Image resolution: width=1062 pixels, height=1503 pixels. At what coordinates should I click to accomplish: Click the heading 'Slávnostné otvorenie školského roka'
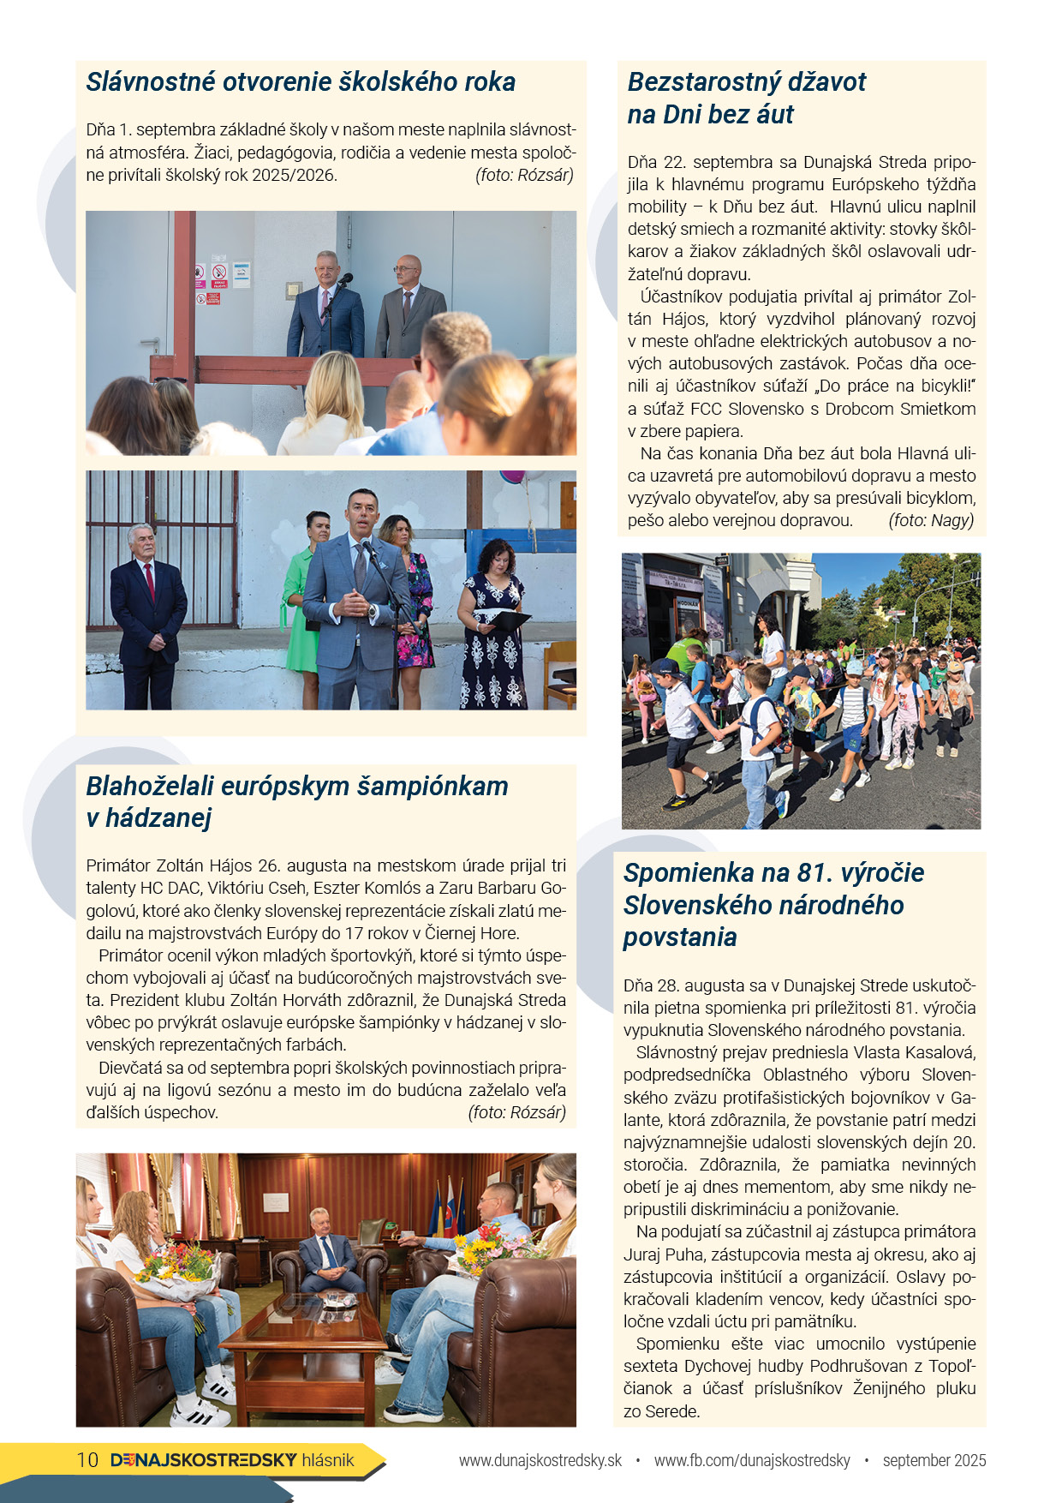(301, 82)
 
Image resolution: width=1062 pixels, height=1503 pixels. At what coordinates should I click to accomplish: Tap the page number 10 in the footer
(87, 1460)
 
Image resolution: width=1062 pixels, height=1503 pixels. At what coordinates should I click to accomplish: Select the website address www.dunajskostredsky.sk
(540, 1460)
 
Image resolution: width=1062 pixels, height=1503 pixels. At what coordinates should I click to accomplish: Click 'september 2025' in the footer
(934, 1460)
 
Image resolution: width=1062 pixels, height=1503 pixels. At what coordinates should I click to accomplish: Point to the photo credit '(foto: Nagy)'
(931, 520)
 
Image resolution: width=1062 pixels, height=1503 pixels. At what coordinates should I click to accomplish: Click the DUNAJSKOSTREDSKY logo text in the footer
(204, 1460)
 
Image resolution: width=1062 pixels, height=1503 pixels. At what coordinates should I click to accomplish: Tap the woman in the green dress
(304, 600)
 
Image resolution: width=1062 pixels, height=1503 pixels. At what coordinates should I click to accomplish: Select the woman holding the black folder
(493, 626)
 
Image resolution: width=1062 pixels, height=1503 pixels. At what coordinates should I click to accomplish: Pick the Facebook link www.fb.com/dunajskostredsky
(752, 1460)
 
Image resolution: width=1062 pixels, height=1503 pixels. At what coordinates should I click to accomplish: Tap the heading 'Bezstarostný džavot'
(746, 82)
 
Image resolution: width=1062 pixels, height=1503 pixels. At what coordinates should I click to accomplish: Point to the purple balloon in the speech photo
(511, 475)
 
